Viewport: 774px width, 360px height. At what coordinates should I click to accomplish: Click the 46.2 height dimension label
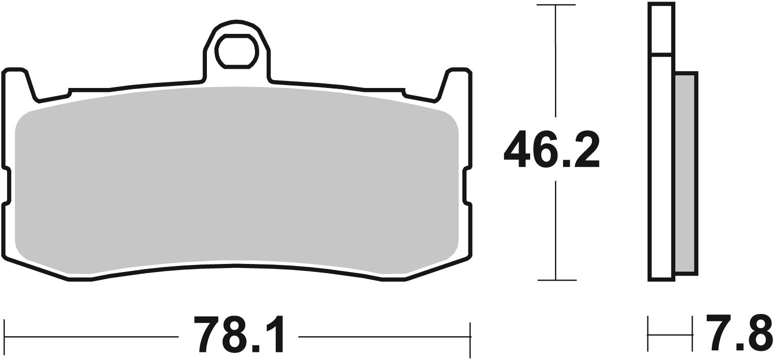[x=551, y=149]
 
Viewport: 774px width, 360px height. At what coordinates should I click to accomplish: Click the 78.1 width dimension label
[x=238, y=336]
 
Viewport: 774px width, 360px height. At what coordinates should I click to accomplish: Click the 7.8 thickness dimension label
[x=739, y=334]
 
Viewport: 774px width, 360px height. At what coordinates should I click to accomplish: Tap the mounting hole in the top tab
[x=237, y=51]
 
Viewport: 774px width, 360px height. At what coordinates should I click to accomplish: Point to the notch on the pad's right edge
[x=467, y=186]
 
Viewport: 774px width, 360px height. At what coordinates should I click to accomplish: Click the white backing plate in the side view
[x=662, y=167]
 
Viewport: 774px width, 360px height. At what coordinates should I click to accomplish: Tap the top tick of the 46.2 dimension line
[x=556, y=5]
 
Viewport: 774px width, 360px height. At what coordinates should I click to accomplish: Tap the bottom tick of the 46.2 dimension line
[x=556, y=280]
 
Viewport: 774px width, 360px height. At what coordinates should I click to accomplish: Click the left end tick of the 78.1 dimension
[x=5, y=336]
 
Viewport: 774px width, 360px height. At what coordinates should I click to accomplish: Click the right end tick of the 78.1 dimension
[x=470, y=336]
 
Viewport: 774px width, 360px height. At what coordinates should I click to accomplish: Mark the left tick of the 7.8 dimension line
[x=649, y=334]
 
